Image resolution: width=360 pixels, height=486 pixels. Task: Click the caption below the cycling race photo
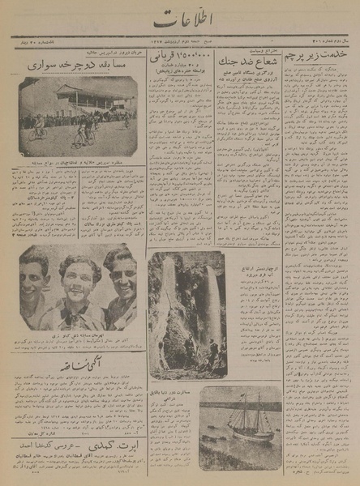[x=75, y=164]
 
